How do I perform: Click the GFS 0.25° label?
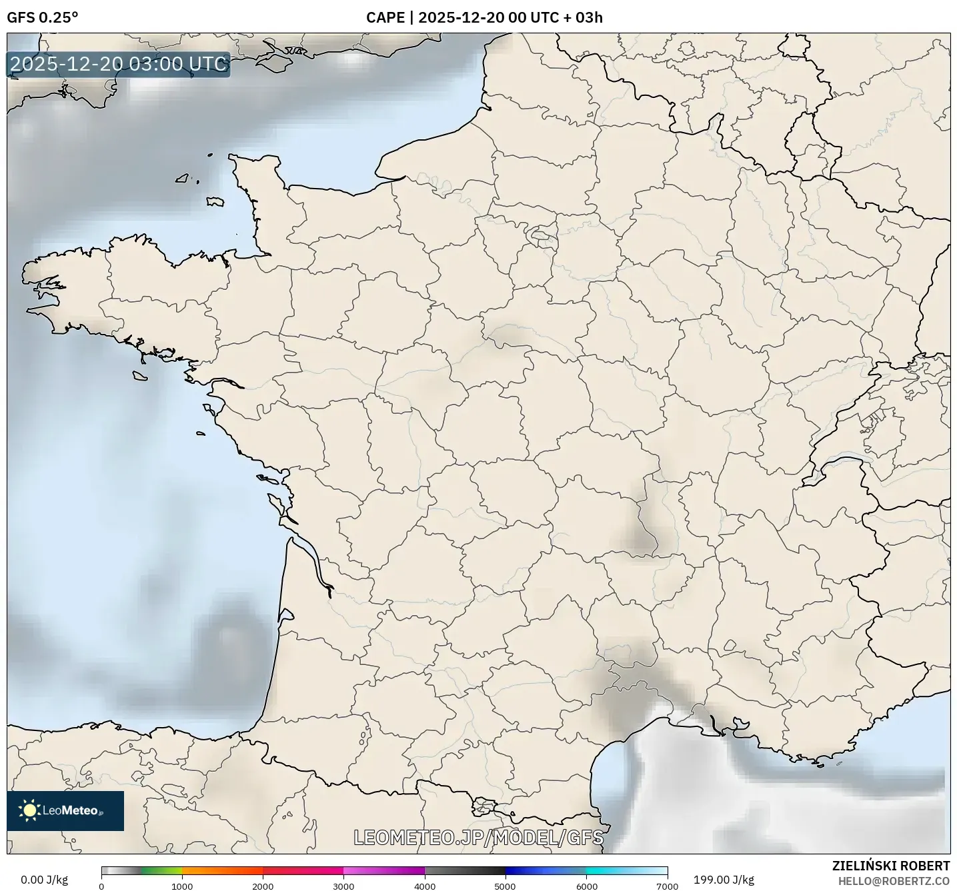[x=42, y=17]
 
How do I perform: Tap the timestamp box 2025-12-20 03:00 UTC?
[x=119, y=64]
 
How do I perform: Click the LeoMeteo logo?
[x=65, y=810]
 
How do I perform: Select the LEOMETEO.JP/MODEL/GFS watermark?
[x=478, y=838]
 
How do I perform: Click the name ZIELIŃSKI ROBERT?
[x=891, y=866]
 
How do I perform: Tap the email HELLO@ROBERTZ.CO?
[x=894, y=881]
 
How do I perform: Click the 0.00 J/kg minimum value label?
[x=44, y=880]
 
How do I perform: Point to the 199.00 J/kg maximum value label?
[x=724, y=880]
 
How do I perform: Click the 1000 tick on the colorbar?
[x=182, y=886]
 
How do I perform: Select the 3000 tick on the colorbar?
[x=343, y=886]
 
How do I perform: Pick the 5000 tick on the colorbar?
[x=506, y=886]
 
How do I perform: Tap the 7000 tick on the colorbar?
[x=667, y=886]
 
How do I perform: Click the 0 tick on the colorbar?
[x=101, y=886]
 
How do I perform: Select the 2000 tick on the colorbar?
[x=263, y=886]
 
